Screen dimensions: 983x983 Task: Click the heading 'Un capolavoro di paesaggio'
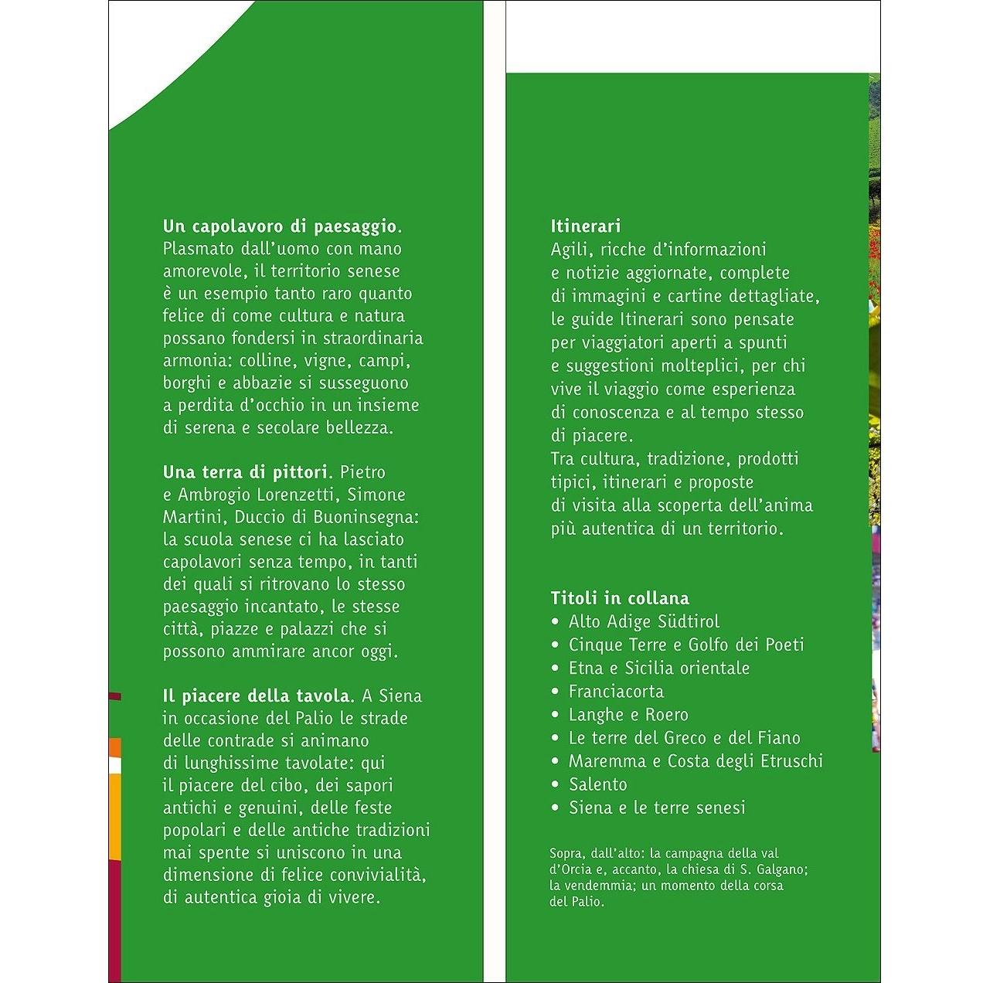[x=282, y=226]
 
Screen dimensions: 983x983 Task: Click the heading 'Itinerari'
[x=586, y=226]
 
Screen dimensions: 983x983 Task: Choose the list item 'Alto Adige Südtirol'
[x=644, y=621]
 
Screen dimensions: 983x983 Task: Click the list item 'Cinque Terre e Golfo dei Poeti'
[x=686, y=645]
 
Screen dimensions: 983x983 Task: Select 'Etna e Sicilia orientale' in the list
[x=659, y=668]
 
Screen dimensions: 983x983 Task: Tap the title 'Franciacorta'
[x=616, y=691]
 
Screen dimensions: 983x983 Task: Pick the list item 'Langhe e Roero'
[x=628, y=714]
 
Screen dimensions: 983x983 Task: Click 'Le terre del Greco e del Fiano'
[x=685, y=737]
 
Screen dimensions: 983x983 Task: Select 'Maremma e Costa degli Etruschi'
[x=696, y=760]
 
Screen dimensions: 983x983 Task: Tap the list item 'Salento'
[x=598, y=784]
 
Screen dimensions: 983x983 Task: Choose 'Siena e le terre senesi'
[x=657, y=808]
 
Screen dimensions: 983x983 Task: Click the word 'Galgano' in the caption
[x=782, y=869]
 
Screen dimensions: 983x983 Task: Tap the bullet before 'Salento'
[x=555, y=784]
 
